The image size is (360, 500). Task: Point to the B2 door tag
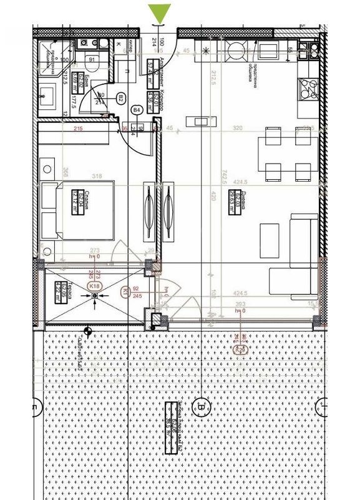[120, 97]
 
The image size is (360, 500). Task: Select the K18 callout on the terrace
[95, 286]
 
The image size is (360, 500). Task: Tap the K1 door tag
[125, 291]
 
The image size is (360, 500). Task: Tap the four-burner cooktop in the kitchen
[308, 91]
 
